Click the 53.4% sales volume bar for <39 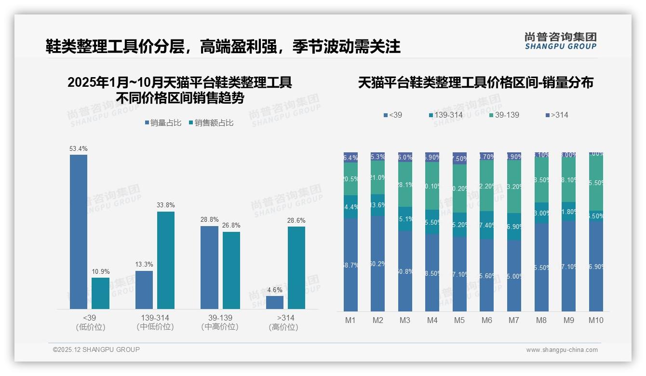(79, 231)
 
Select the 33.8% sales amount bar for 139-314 (166, 260)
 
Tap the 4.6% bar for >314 (275, 302)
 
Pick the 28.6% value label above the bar (296, 221)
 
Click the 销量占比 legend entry (163, 123)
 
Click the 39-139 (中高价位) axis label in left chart (220, 322)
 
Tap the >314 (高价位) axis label (285, 322)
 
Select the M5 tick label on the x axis (459, 320)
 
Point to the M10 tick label (596, 320)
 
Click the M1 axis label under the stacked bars (350, 320)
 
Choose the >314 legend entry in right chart (556, 115)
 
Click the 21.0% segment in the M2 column (378, 177)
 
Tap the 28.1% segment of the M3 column (405, 185)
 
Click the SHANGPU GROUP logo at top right (560, 41)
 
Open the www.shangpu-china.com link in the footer (562, 350)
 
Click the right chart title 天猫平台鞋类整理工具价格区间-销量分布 (475, 82)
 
